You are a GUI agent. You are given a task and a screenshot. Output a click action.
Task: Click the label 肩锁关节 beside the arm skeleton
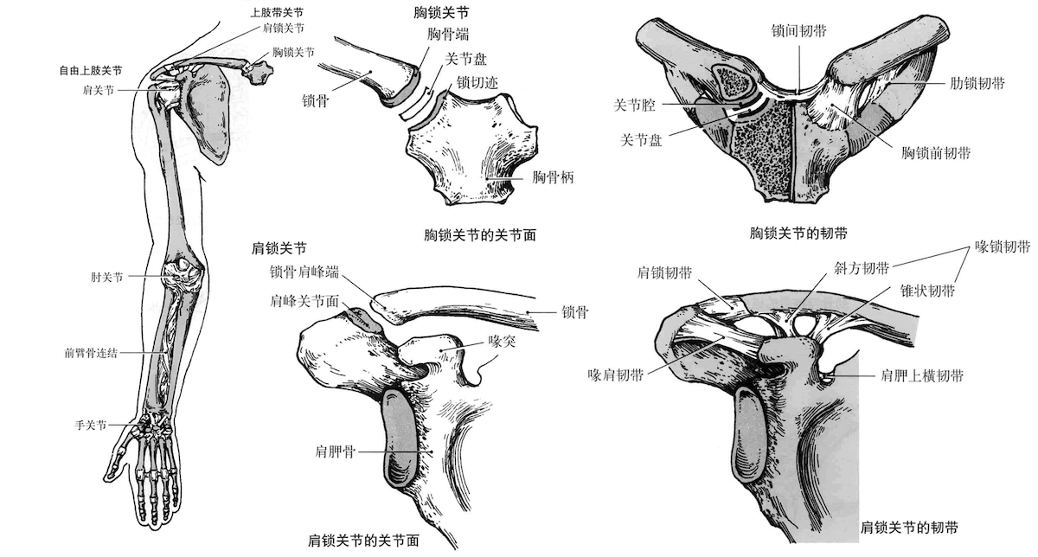point(283,29)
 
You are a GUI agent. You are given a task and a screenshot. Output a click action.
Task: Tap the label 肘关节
point(106,277)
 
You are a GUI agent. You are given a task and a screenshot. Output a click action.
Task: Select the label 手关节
point(91,425)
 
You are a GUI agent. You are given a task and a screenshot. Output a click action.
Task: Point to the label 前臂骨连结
point(91,353)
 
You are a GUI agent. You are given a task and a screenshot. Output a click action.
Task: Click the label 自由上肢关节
point(91,70)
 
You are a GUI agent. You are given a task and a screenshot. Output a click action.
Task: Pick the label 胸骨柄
point(553,177)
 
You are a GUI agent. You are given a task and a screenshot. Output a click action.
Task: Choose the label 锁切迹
point(477,82)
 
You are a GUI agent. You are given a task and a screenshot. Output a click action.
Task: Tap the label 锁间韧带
point(799,31)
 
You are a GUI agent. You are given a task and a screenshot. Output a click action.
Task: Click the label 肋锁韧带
point(977,83)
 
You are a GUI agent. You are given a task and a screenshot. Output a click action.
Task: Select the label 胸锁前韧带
point(936,153)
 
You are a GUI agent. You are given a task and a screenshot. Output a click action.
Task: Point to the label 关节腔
point(634,106)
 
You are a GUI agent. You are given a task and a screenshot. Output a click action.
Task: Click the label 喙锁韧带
point(1003,246)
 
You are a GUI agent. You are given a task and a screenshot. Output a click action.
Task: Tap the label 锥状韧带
point(927,291)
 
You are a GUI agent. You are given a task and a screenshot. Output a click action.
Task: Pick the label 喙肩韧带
point(616,375)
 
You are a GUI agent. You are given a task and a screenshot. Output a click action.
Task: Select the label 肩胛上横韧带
point(922,375)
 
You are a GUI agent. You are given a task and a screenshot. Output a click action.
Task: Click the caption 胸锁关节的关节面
point(480,235)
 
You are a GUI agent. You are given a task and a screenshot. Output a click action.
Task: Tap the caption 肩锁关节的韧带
point(909,528)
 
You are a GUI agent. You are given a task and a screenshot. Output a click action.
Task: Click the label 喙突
point(502,342)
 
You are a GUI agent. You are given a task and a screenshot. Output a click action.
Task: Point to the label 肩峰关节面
point(304,301)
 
